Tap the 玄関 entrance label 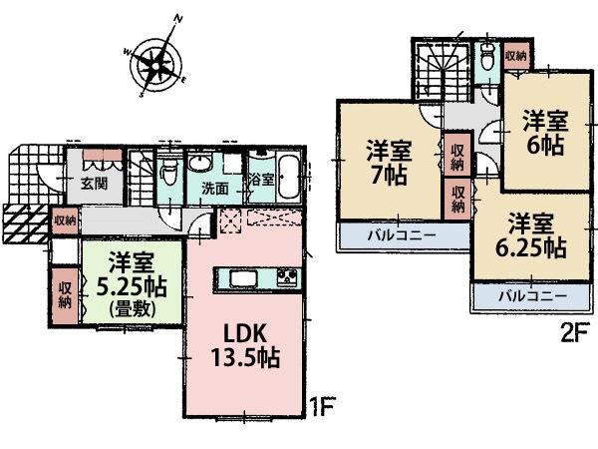point(96,185)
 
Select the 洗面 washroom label point(215,187)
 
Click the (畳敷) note point(130,307)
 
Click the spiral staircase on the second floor point(439,71)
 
